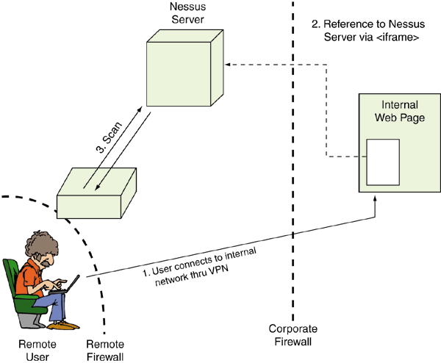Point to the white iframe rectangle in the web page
click(382, 162)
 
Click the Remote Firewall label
click(105, 350)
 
